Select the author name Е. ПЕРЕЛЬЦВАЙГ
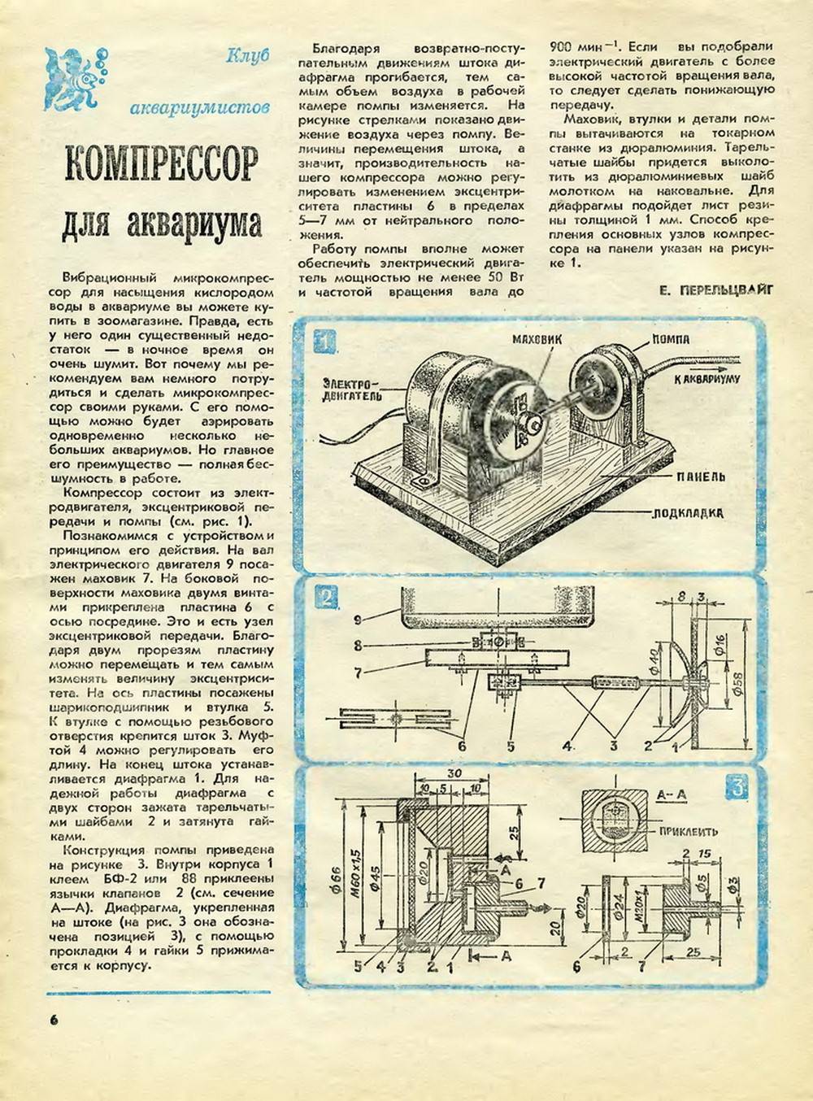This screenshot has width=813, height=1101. pos(715,289)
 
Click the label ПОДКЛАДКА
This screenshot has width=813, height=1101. pos(688,513)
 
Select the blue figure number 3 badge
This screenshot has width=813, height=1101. pos(737,787)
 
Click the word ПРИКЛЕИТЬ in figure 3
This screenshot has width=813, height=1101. pos(688,832)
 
